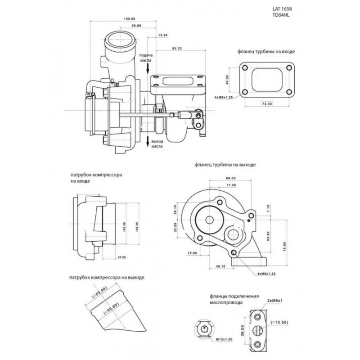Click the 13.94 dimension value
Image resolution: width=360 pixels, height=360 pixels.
coord(163,35)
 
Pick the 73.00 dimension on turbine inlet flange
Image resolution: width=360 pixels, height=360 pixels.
coord(266,104)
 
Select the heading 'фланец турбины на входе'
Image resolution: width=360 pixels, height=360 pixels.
coord(266,52)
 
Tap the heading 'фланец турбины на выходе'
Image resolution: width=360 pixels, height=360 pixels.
coord(225,165)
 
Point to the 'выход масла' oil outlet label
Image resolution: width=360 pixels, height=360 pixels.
coord(157,144)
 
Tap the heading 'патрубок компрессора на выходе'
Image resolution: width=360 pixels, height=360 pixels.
coord(107,278)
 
